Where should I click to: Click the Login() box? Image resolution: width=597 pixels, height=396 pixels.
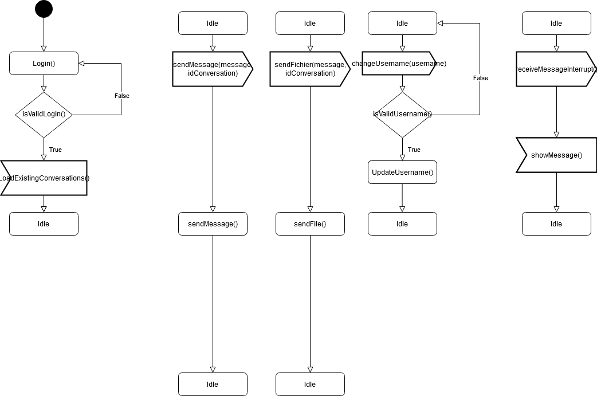(x=44, y=64)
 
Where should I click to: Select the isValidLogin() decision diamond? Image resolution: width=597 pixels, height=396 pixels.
(x=44, y=115)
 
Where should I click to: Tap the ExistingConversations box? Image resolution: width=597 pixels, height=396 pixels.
(x=44, y=178)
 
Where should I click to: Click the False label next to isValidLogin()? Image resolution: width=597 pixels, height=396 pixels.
(x=122, y=96)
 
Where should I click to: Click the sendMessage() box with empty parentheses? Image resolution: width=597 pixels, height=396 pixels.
(x=213, y=224)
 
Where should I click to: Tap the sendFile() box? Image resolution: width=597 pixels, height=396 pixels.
(x=310, y=224)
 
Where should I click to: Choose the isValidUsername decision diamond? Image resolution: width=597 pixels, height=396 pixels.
(x=402, y=115)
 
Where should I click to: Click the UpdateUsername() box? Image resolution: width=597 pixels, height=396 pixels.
(x=402, y=172)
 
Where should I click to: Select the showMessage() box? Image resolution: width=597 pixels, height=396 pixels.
(x=556, y=155)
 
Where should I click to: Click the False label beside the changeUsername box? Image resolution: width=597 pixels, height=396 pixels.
(x=480, y=78)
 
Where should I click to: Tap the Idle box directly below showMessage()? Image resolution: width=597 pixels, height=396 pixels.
(x=556, y=224)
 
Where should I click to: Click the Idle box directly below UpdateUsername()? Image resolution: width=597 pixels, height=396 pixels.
(x=402, y=224)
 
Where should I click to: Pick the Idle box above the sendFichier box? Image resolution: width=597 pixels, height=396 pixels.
(x=310, y=23)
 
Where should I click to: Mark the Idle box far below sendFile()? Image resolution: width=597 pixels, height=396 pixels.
(x=310, y=385)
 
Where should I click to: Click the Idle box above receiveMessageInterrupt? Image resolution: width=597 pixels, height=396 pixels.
(x=556, y=23)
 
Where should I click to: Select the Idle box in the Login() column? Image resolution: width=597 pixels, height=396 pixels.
(x=44, y=224)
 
